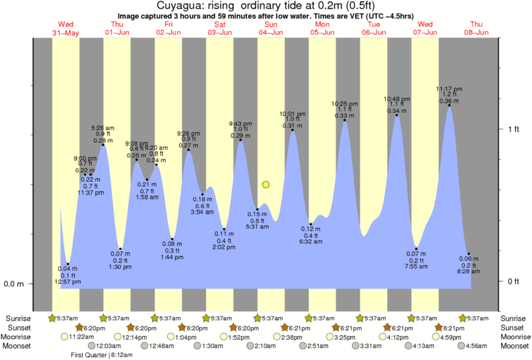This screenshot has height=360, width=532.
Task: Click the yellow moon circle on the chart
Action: click(266, 184)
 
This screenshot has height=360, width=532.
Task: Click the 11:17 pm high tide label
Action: click(448, 88)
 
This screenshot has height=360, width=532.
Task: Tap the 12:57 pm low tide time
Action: click(67, 282)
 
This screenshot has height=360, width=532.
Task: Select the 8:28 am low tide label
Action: click(468, 272)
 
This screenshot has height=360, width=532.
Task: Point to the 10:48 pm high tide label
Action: click(396, 99)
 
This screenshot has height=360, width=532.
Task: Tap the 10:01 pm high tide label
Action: click(292, 113)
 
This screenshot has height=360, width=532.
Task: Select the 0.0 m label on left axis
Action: click(13, 284)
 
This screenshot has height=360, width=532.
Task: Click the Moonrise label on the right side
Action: click(514, 337)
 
